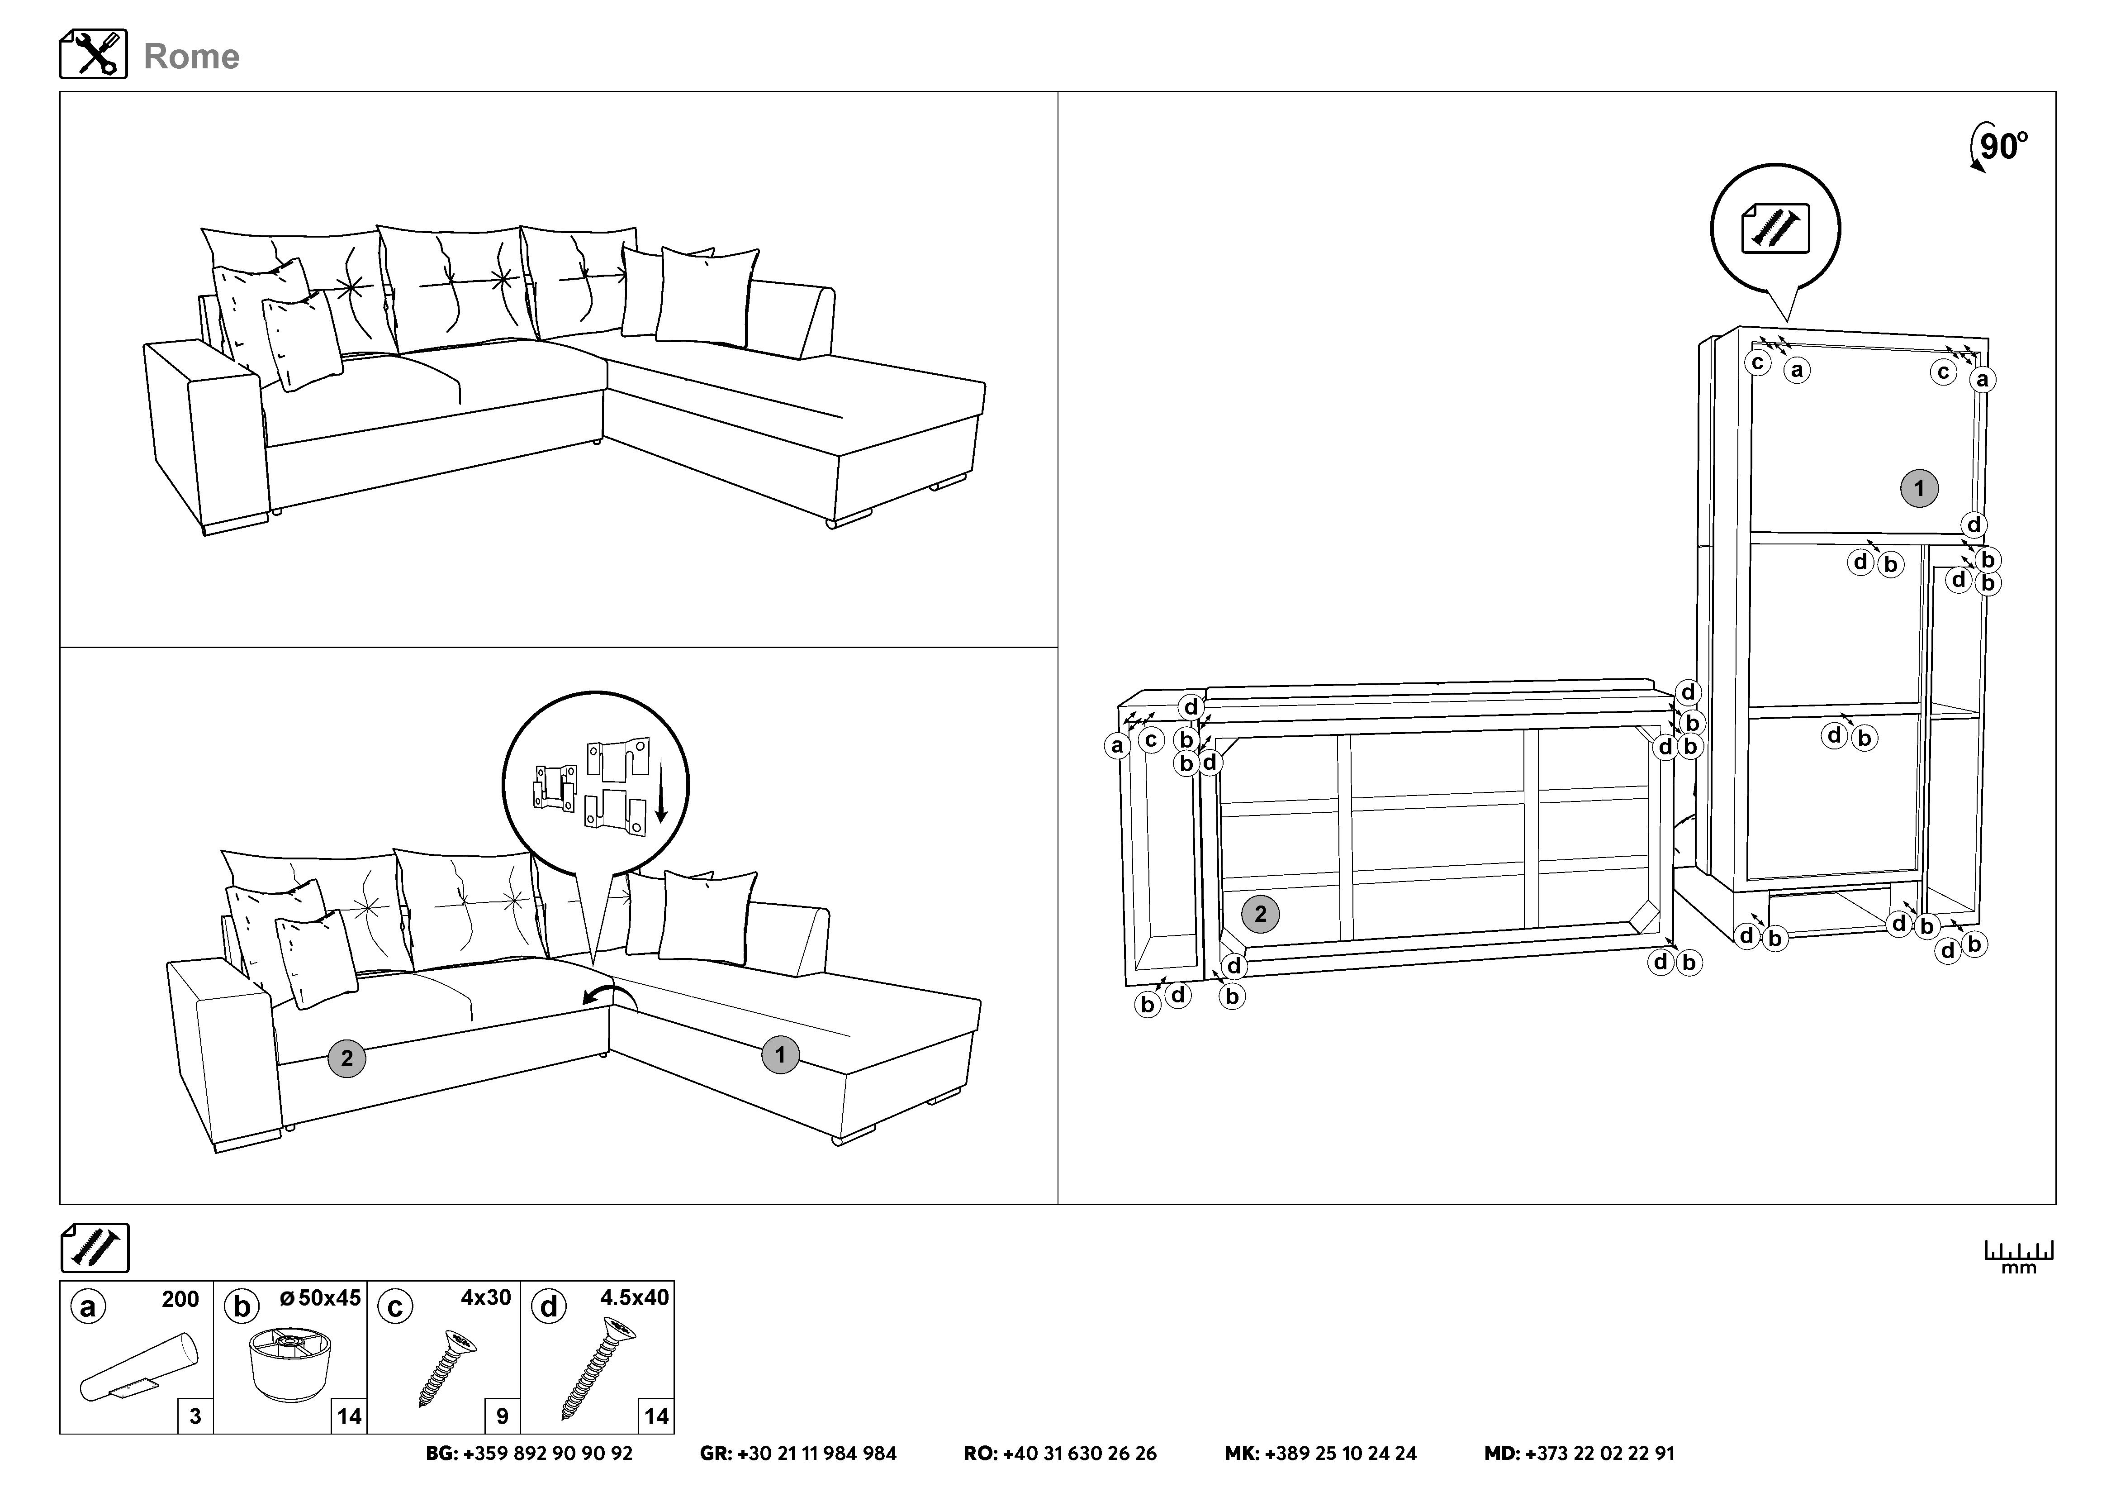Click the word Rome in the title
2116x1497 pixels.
click(x=192, y=56)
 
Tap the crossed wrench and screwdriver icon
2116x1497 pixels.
click(x=93, y=53)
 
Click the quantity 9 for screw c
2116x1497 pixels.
click(x=502, y=1416)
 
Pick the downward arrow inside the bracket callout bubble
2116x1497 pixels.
click(x=660, y=789)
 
